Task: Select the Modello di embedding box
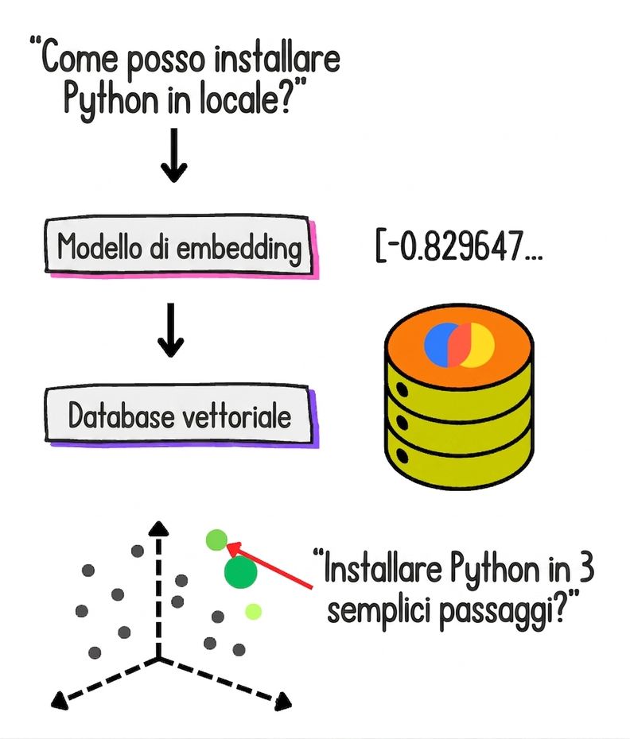click(181, 246)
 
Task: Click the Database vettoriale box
click(181, 416)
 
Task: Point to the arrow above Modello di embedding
click(174, 155)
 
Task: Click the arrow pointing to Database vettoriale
click(170, 330)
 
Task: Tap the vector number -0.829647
click(460, 246)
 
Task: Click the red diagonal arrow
click(270, 566)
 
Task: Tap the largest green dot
click(241, 572)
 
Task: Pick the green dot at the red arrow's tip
click(216, 540)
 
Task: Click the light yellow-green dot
click(254, 612)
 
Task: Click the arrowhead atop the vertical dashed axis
click(158, 528)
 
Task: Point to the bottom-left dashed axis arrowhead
click(60, 699)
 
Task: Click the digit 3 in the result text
click(585, 569)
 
